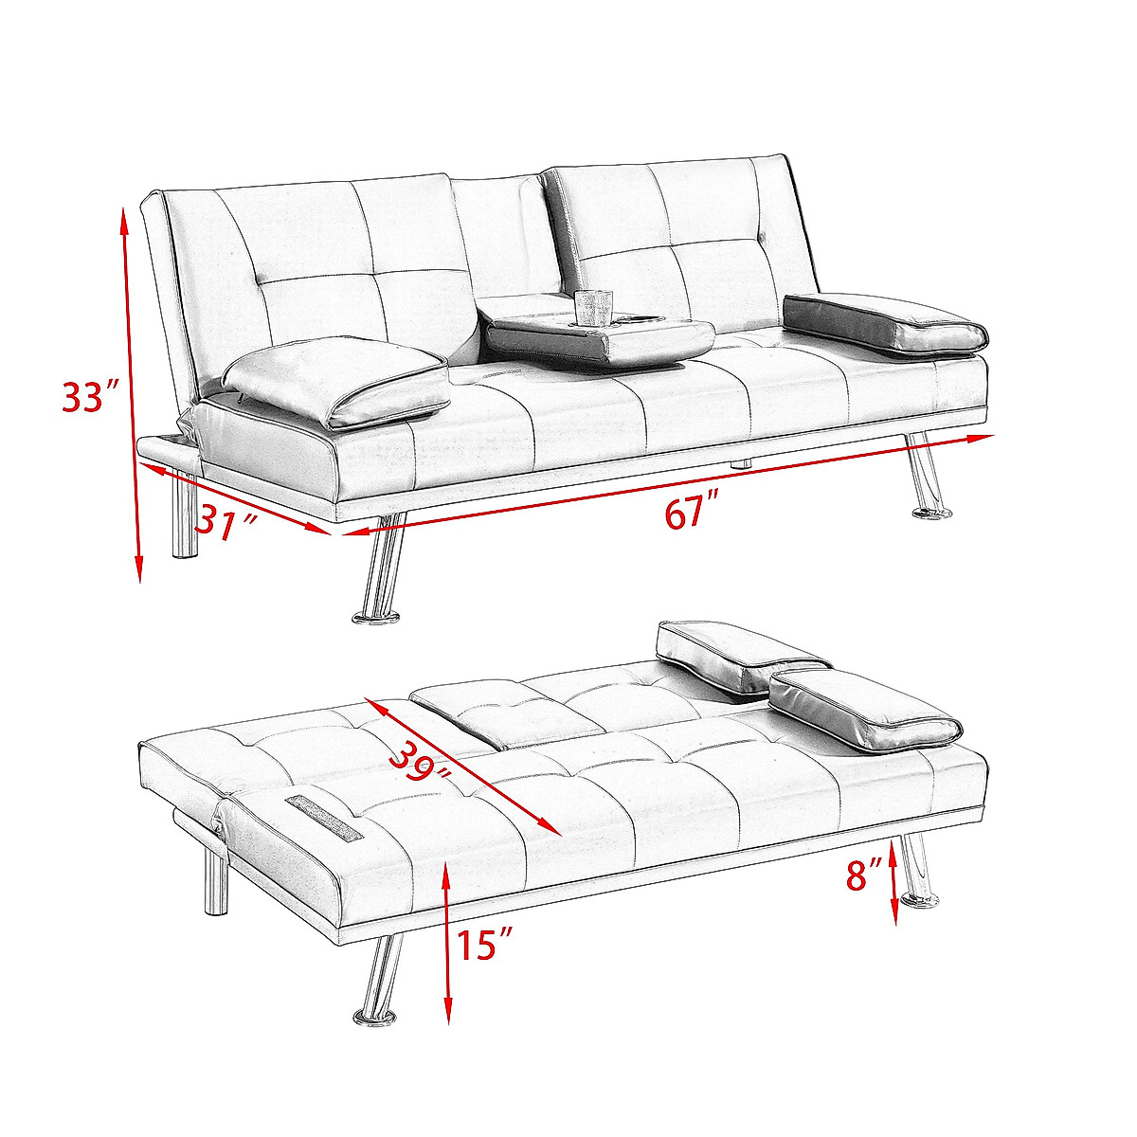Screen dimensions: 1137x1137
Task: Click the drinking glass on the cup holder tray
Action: click(594, 306)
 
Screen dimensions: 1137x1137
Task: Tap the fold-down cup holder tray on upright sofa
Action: click(601, 338)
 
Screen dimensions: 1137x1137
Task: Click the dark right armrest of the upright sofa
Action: click(885, 322)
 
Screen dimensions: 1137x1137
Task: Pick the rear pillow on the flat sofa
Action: click(741, 654)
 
